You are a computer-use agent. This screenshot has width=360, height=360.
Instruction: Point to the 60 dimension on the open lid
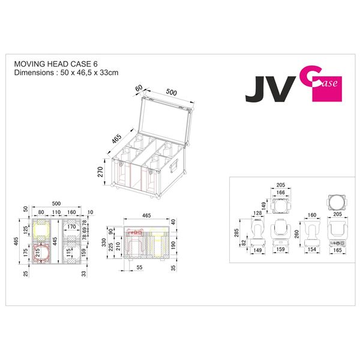[140, 88]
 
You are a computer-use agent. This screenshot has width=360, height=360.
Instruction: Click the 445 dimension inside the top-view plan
[55, 241]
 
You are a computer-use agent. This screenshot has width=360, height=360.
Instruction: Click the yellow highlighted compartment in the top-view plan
[41, 229]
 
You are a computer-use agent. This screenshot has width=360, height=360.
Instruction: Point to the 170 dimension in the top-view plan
[71, 227]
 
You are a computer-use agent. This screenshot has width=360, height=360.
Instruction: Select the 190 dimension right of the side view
[174, 245]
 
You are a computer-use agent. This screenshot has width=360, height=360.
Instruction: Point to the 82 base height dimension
[244, 243]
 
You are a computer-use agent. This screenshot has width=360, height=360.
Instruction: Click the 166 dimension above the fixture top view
[280, 192]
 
